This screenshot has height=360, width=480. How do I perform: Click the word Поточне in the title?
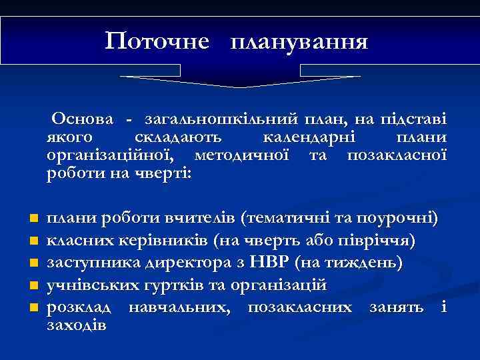157,42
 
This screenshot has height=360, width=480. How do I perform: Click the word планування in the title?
299,43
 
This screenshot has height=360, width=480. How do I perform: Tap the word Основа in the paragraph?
87,119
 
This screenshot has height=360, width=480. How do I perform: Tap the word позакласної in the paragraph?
396,155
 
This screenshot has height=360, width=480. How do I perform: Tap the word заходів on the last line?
75,325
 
